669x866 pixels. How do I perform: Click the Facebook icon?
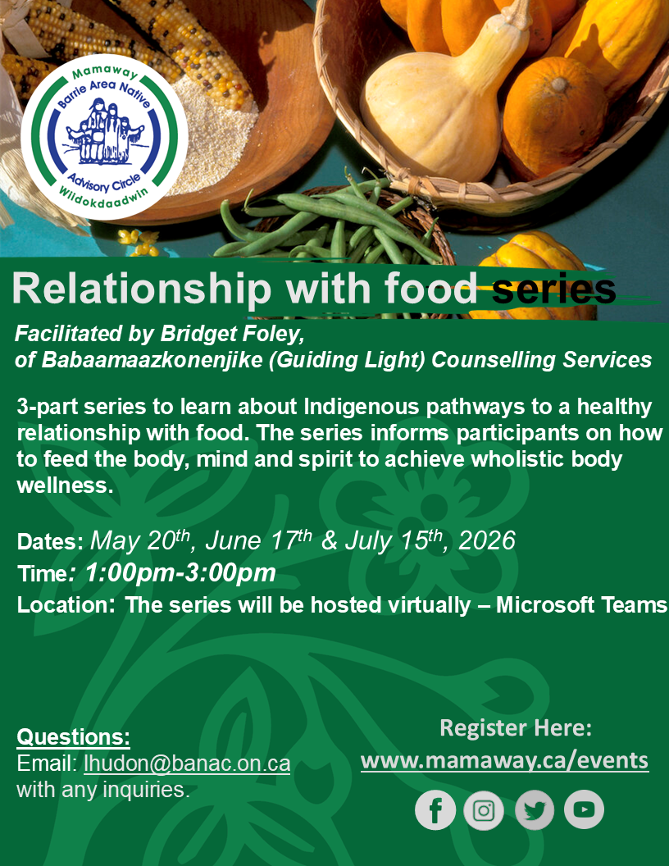[x=435, y=809]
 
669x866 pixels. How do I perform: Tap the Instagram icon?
[x=484, y=809]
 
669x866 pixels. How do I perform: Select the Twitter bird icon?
[x=534, y=809]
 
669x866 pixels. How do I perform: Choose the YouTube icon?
[x=584, y=809]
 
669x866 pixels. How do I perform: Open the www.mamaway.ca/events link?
[x=504, y=760]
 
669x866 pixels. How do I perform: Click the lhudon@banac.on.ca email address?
[x=187, y=763]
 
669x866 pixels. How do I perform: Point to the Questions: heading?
[x=74, y=736]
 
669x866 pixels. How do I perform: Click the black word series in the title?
[x=553, y=289]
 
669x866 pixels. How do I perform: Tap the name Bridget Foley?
[x=232, y=334]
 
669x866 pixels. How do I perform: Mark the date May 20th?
[x=140, y=540]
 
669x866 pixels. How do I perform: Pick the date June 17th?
[x=258, y=540]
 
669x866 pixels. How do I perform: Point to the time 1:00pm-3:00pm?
[x=180, y=572]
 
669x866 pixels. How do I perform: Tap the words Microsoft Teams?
[x=582, y=604]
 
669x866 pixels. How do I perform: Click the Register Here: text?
[x=516, y=727]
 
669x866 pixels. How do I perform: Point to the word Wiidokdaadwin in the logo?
[x=104, y=197]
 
